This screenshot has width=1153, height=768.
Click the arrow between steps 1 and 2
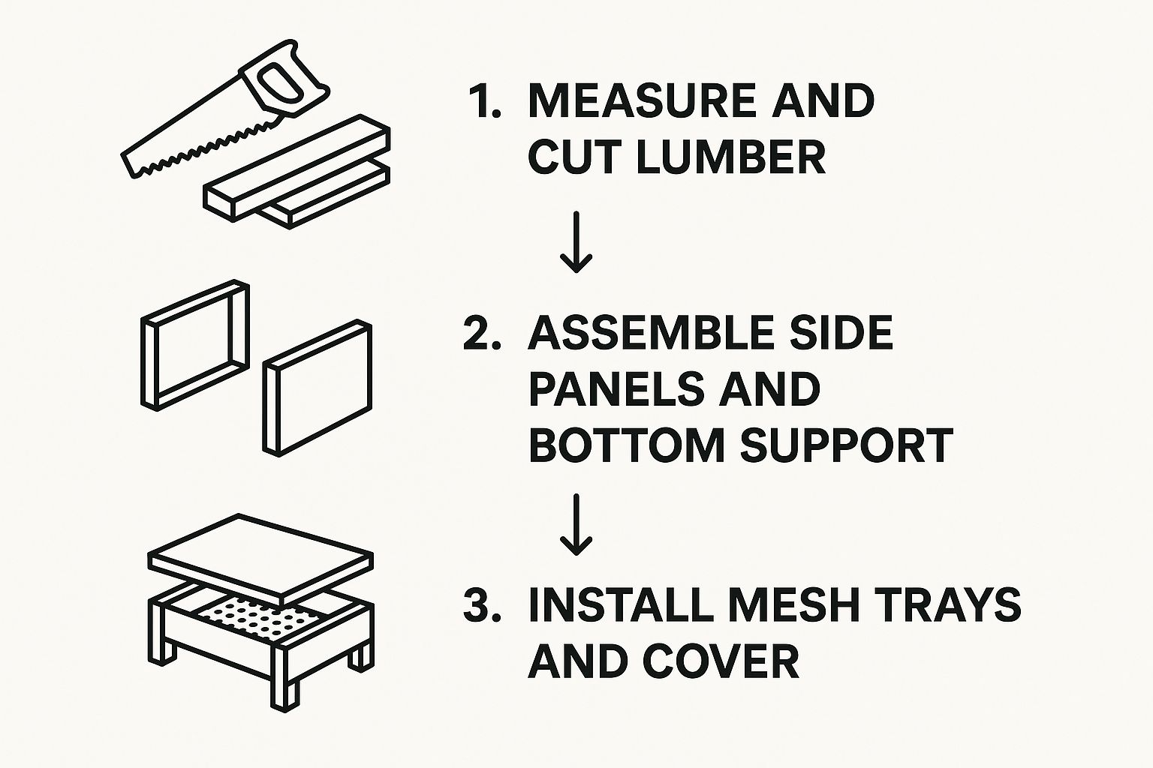pyautogui.click(x=576, y=241)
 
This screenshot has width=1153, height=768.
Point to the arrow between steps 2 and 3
pyautogui.click(x=576, y=525)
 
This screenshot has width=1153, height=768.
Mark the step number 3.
pyautogui.click(x=482, y=605)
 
